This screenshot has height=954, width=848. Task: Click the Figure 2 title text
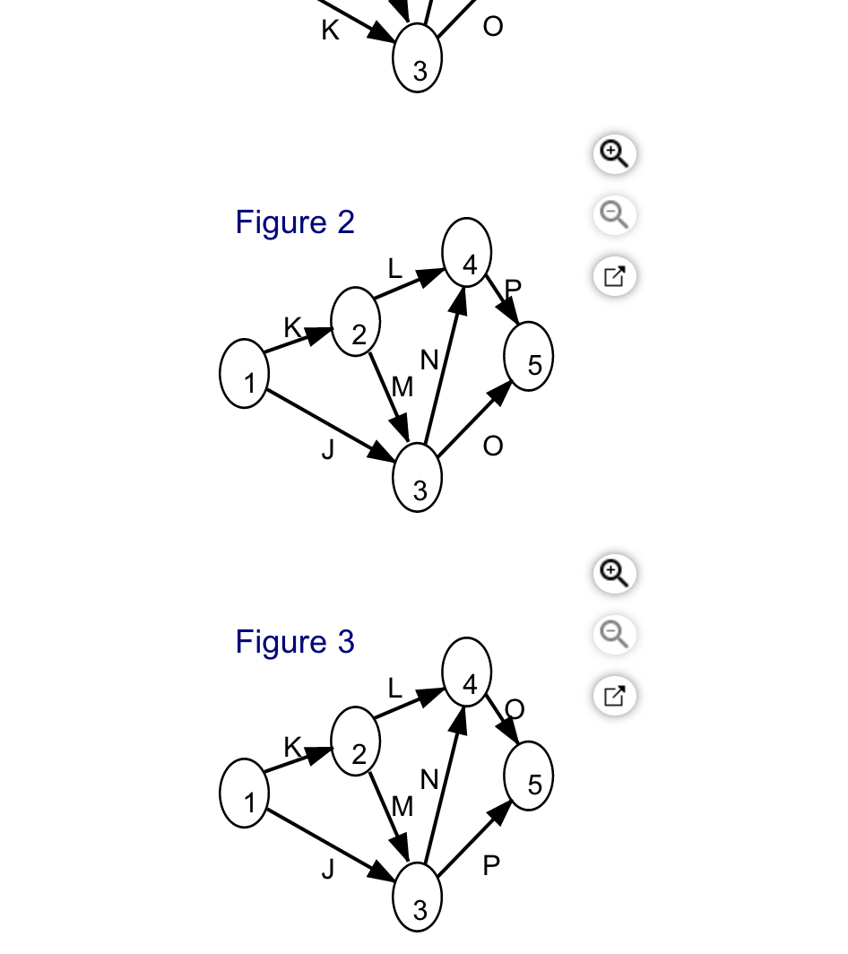[x=295, y=222]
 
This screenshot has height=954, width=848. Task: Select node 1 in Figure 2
[x=244, y=374]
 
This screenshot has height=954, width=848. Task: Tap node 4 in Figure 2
[x=467, y=252]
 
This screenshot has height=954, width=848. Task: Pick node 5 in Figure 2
[x=529, y=356]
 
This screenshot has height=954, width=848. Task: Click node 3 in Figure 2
[x=418, y=478]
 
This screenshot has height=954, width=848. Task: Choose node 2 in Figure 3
[x=355, y=741]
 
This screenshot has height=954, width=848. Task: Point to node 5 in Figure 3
[x=529, y=776]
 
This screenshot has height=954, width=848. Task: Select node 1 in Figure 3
[x=244, y=794]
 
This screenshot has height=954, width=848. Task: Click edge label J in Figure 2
[x=328, y=449]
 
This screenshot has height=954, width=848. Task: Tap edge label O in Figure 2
[x=493, y=446]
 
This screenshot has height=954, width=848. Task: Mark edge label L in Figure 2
[x=394, y=268]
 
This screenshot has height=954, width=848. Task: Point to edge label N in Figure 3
[x=429, y=779]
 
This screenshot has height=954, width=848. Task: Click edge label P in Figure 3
[x=491, y=865]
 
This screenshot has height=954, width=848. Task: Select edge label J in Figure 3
[x=328, y=870]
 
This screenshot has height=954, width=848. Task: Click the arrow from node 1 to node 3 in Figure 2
[x=331, y=425]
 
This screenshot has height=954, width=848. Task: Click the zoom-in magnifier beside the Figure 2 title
[x=614, y=154]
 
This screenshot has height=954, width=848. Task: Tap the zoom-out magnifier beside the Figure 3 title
[x=614, y=635]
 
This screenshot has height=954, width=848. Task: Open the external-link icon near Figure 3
[x=614, y=696]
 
